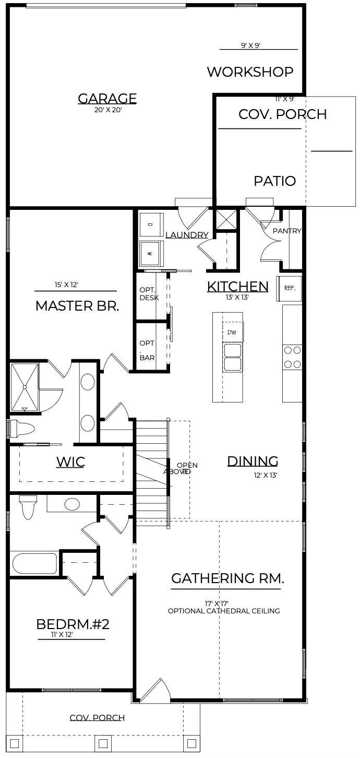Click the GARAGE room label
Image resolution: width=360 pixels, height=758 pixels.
coord(107,98)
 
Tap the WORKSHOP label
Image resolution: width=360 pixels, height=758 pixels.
coord(250,72)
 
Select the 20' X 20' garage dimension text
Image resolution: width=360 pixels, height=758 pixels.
coord(107,110)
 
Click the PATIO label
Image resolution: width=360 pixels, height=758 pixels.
coord(274,181)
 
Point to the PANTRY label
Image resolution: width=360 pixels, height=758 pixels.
coord(287,231)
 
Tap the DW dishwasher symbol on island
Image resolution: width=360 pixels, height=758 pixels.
coord(232,332)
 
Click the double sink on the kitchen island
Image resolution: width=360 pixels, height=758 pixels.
coord(233,357)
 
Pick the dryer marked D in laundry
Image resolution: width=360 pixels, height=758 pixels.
coord(151,224)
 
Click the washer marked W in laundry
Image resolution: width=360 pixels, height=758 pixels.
coord(151,254)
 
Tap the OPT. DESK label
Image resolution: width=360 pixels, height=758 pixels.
coord(146,294)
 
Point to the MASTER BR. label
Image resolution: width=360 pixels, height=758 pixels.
coord(77,306)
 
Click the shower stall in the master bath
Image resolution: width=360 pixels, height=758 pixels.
coord(25,387)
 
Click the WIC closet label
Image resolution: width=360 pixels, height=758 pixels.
coord(70,461)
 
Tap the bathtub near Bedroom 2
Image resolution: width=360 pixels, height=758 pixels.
coord(34,564)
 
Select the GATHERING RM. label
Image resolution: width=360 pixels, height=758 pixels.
coord(227,578)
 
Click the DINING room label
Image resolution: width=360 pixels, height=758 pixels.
coord(253,461)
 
